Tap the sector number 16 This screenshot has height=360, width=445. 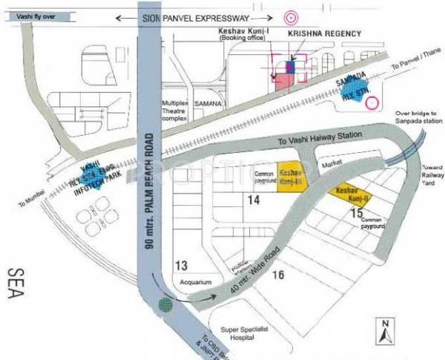[278, 276]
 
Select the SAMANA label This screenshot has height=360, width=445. [208, 105]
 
